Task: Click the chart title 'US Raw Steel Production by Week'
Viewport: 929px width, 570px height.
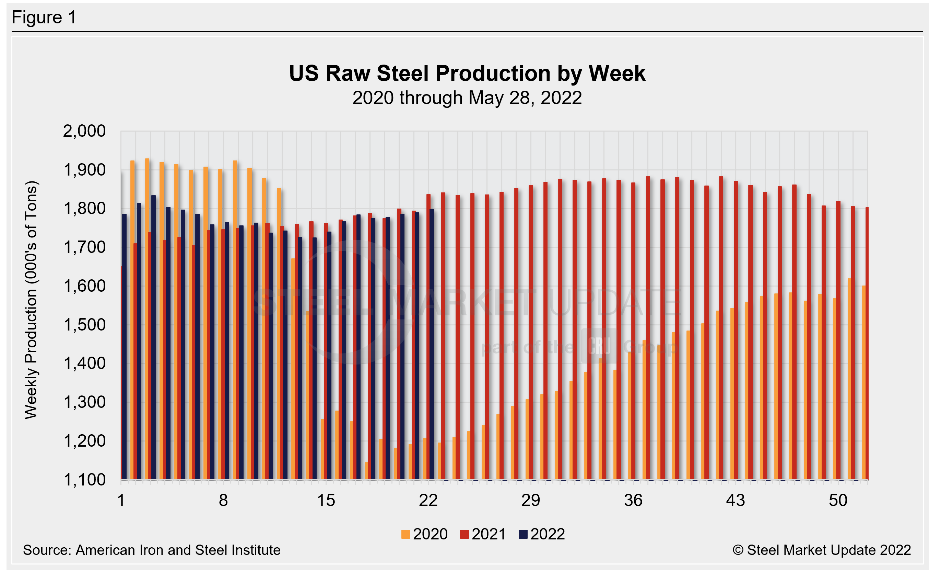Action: point(467,73)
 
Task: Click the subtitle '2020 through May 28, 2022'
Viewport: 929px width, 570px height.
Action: point(467,98)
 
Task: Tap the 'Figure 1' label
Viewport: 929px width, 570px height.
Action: point(44,18)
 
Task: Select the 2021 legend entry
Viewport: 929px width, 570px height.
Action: point(483,534)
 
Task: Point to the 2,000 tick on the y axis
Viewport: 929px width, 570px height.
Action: point(84,131)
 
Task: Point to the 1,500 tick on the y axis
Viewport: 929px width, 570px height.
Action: point(84,325)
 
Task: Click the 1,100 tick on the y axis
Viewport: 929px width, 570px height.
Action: point(84,480)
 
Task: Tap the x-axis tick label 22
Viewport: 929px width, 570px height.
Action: point(428,501)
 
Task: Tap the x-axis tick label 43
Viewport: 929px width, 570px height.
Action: point(735,501)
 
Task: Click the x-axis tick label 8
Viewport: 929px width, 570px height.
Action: point(223,501)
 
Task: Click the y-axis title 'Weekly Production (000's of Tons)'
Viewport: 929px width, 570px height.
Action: point(31,300)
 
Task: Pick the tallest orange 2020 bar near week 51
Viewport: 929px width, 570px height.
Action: point(849,378)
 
